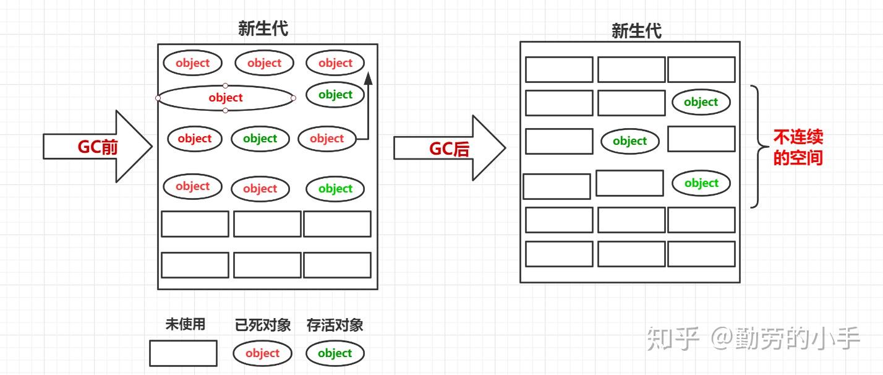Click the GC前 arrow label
pyautogui.click(x=98, y=147)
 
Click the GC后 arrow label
pyautogui.click(x=450, y=149)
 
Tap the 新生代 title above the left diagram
pyautogui.click(x=263, y=28)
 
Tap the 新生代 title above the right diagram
pyautogui.click(x=636, y=31)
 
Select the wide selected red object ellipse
pyautogui.click(x=226, y=98)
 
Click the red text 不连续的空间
pyautogui.click(x=798, y=147)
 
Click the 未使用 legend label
pyautogui.click(x=185, y=324)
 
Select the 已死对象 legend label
pyautogui.click(x=263, y=325)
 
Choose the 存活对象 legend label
pyautogui.click(x=335, y=325)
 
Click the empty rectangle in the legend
pyautogui.click(x=183, y=353)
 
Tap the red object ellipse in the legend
pyautogui.click(x=262, y=353)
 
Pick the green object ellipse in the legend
pyautogui.click(x=335, y=353)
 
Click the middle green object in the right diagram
pyautogui.click(x=629, y=141)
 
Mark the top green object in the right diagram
pyautogui.click(x=701, y=102)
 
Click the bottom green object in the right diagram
pyautogui.click(x=701, y=183)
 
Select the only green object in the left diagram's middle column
pyautogui.click(x=260, y=139)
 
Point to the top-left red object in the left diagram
pyautogui.click(x=192, y=62)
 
